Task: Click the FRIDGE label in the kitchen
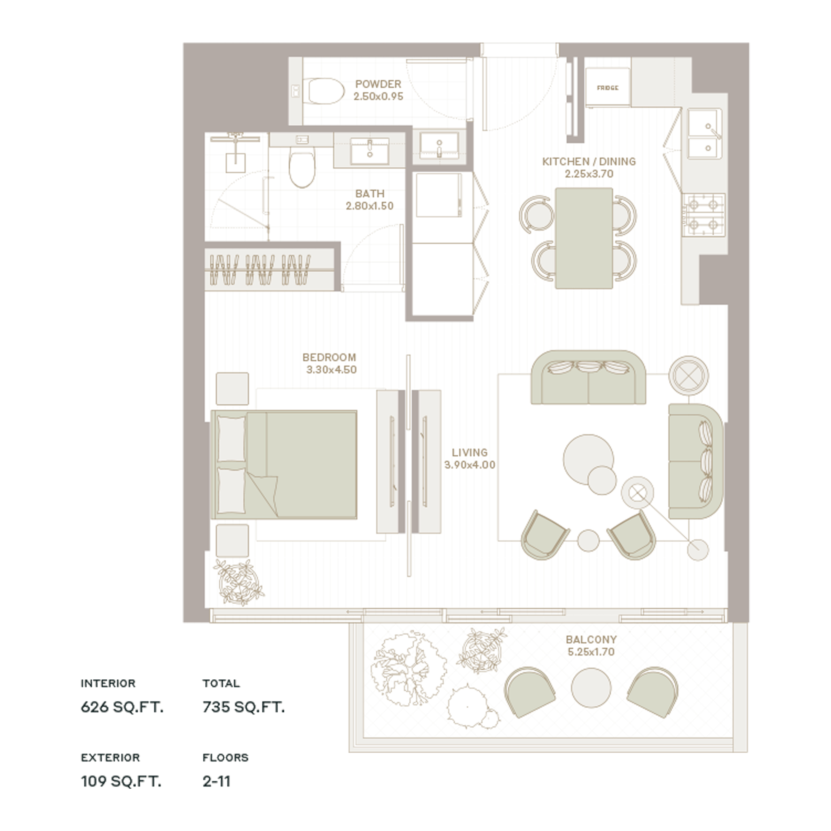(607, 88)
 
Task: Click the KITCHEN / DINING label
(589, 162)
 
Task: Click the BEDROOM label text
(330, 357)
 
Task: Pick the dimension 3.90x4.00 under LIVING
(470, 465)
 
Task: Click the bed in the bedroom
(284, 465)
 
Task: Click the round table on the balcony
(591, 687)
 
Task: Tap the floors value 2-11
(216, 781)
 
